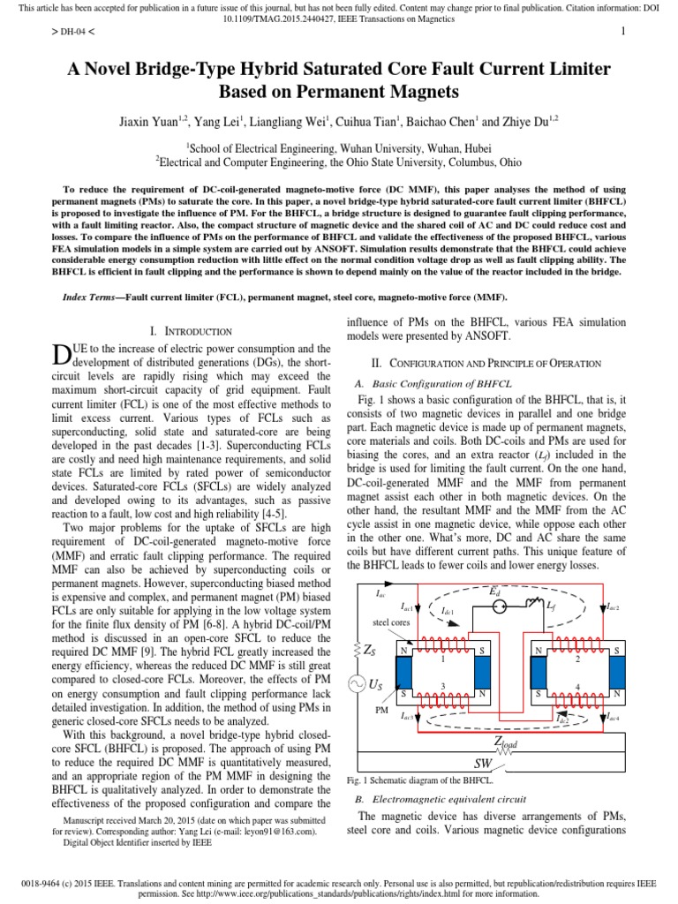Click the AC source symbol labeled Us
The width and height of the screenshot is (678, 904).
[x=361, y=684]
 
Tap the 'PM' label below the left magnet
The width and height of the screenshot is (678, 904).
[x=382, y=709]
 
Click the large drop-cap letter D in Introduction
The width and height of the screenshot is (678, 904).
[x=61, y=354]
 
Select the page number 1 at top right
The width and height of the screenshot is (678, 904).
[x=623, y=34]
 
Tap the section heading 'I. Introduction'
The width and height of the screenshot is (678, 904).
[x=191, y=331]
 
